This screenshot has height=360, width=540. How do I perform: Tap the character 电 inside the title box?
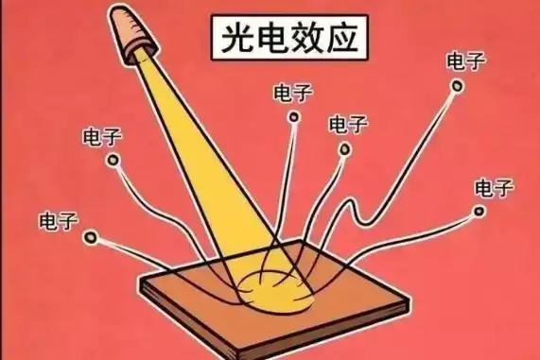click(271, 38)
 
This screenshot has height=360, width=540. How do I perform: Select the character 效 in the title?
click(305, 38)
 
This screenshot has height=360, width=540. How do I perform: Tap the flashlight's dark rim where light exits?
click(140, 58)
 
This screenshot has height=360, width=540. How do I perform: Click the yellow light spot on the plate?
click(276, 290)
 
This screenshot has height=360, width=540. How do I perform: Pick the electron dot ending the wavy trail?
click(458, 86)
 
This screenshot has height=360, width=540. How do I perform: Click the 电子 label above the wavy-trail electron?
click(466, 60)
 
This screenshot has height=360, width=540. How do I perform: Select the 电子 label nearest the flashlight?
click(102, 137)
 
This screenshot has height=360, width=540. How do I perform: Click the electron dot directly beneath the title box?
click(293, 117)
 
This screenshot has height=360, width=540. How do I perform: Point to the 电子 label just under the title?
click(293, 93)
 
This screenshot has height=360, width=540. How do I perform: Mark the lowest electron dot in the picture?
click(91, 236)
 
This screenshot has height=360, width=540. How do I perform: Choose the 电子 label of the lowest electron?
click(59, 220)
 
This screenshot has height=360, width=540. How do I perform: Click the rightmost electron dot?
click(479, 211)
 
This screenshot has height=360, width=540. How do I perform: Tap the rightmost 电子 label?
click(495, 188)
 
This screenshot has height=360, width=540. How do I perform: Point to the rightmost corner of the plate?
click(409, 300)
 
